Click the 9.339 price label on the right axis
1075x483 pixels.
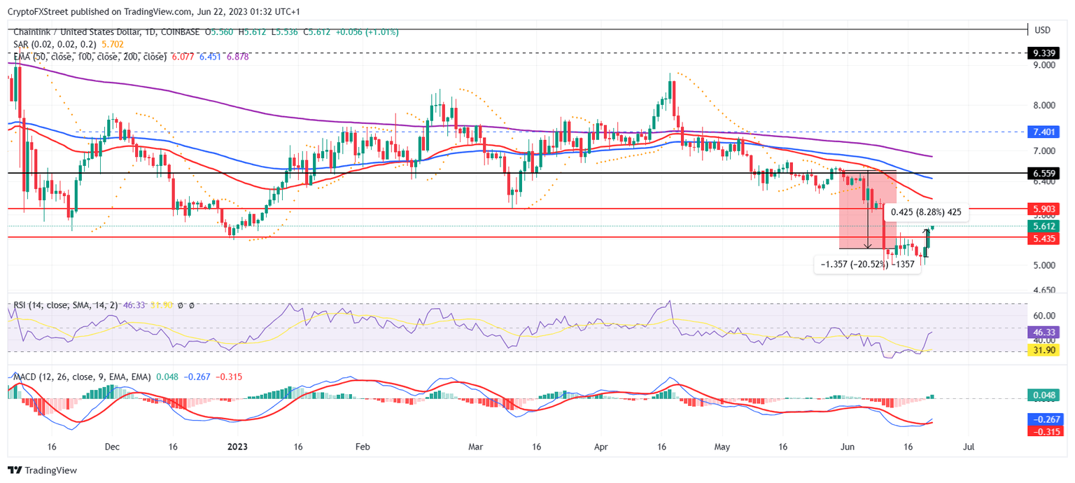click(x=1044, y=52)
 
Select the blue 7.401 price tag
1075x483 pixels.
click(x=1044, y=132)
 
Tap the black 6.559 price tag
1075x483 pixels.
click(x=1044, y=173)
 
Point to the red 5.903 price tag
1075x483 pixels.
click(x=1044, y=209)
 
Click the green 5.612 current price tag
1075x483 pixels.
click(x=1044, y=226)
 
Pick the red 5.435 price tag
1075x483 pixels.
click(x=1044, y=239)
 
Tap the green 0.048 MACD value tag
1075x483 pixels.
click(x=1044, y=396)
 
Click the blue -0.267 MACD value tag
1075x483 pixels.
click(x=1044, y=419)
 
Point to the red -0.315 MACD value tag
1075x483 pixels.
click(x=1044, y=431)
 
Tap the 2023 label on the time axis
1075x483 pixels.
click(x=237, y=447)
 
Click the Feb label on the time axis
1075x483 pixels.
click(x=362, y=447)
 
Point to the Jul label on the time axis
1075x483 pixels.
click(x=969, y=447)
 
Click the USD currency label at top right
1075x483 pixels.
click(x=1043, y=30)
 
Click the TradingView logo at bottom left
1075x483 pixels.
click(x=43, y=470)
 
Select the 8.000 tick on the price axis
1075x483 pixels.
click(x=1044, y=106)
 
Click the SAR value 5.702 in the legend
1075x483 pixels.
click(x=112, y=44)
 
